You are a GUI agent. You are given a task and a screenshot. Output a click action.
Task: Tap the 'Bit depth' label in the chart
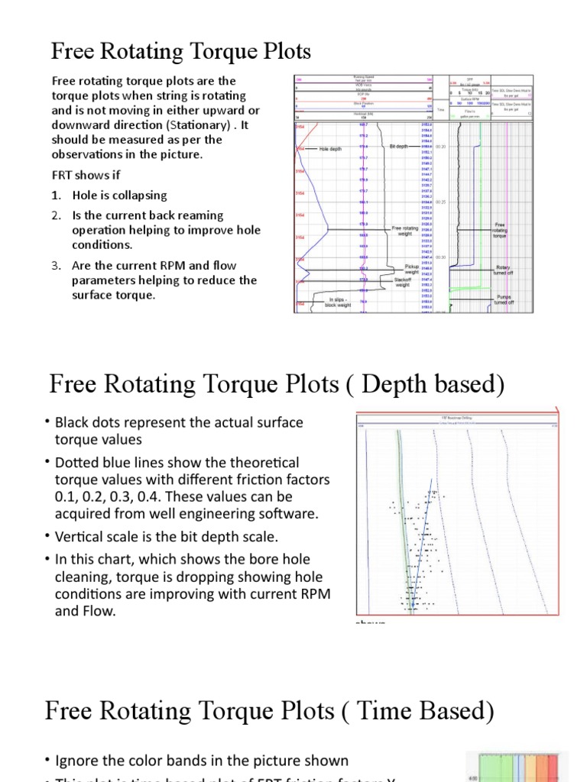[399, 146]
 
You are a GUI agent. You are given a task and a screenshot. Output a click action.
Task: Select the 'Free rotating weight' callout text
[405, 231]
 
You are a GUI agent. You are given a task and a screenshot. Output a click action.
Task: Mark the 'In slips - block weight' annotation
[337, 302]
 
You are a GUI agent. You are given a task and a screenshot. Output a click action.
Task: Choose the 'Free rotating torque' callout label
[501, 231]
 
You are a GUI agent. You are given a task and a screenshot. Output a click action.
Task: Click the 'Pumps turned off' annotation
[502, 299]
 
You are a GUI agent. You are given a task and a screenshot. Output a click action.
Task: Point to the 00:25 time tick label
[441, 202]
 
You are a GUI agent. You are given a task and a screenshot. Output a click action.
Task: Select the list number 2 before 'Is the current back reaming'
[57, 216]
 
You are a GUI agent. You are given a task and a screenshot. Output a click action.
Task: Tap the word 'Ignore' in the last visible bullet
[78, 761]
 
